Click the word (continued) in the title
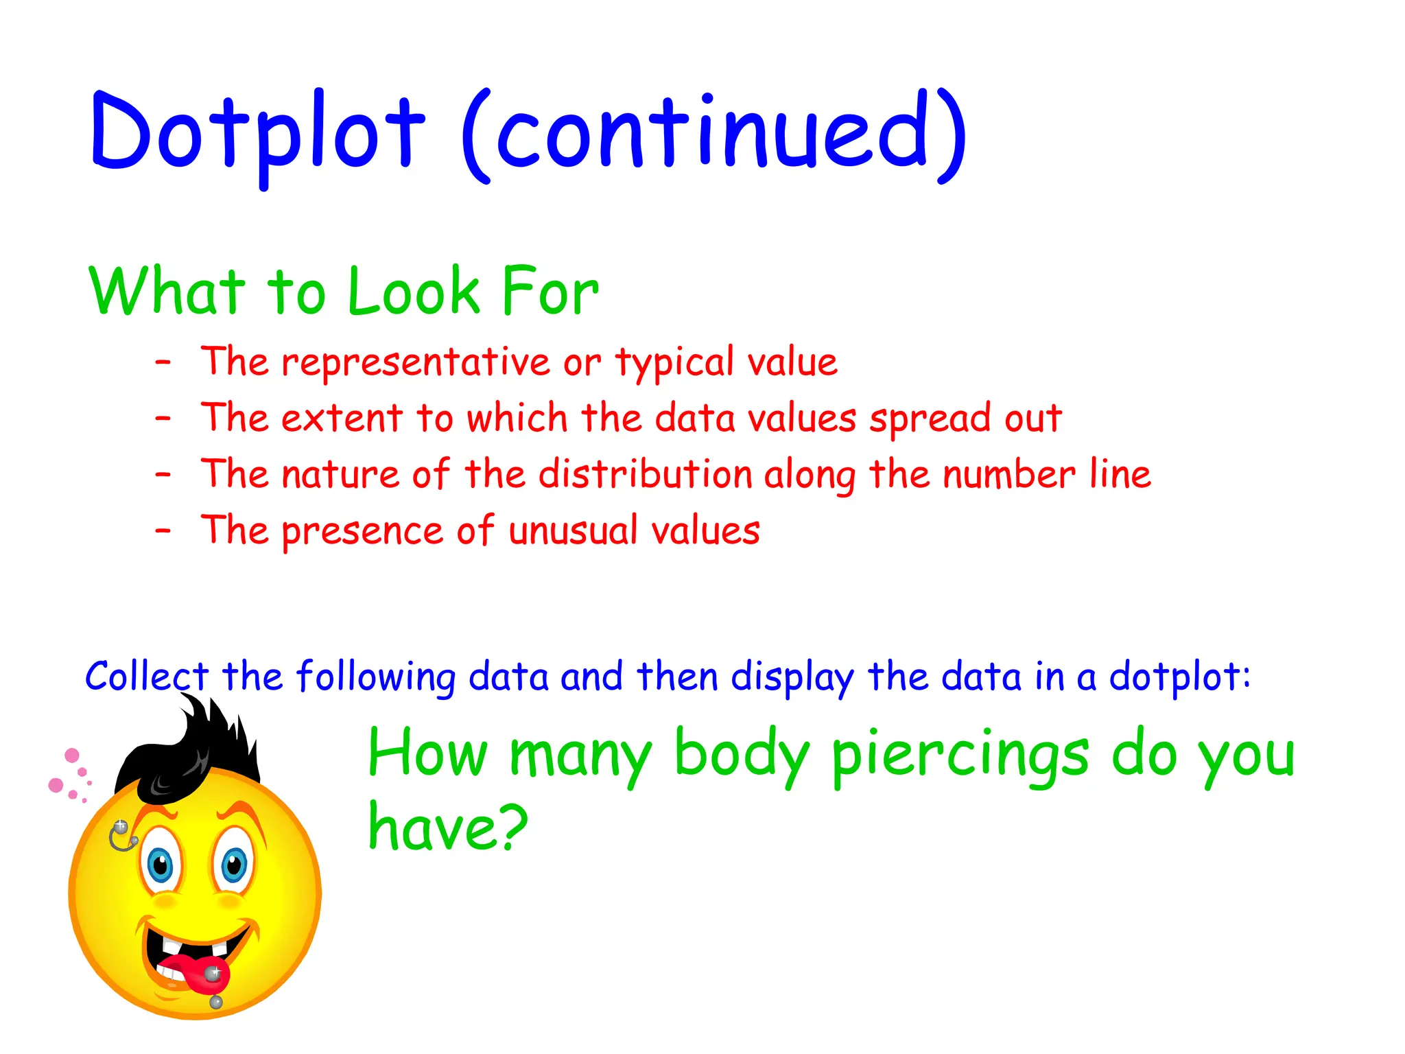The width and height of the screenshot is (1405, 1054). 713,134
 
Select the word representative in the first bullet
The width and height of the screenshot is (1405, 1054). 416,362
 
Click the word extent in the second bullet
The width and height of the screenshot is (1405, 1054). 342,418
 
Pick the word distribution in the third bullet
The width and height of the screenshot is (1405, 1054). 646,474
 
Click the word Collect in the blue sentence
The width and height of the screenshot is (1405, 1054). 146,677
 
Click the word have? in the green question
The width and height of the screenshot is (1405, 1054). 447,828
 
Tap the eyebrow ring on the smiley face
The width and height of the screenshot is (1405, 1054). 121,836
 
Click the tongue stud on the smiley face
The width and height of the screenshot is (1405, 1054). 213,972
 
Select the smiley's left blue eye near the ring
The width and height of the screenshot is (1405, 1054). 161,866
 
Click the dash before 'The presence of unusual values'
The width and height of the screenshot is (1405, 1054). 163,530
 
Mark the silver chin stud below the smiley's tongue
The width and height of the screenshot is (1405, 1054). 216,1003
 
